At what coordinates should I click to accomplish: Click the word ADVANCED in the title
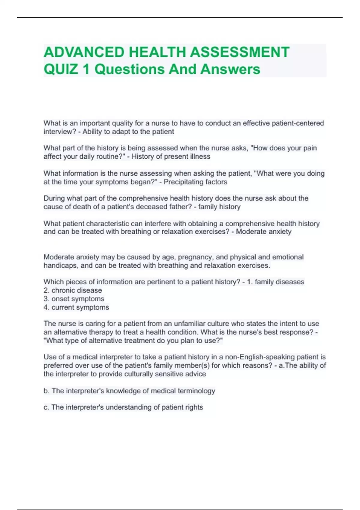84,52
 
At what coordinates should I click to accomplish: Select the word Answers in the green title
230,69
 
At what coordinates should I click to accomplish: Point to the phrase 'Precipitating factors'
195,182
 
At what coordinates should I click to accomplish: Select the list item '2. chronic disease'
73,290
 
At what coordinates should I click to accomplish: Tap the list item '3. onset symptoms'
74,299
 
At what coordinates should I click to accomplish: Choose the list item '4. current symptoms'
76,307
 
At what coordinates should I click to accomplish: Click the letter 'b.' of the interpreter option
46,391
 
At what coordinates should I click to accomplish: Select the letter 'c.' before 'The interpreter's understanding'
46,407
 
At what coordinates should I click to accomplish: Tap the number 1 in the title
86,69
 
